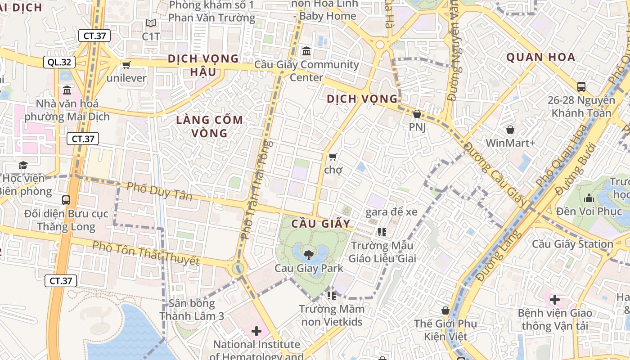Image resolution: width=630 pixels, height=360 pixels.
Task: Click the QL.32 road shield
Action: (x=59, y=63)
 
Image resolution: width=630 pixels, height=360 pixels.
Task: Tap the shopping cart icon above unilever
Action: (x=126, y=65)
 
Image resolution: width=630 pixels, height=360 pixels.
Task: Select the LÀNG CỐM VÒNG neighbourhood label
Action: (x=209, y=126)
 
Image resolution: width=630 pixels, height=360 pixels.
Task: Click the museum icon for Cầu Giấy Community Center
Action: (x=306, y=51)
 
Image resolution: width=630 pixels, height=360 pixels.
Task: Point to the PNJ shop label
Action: (x=417, y=127)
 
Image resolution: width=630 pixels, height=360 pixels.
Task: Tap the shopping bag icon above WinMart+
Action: (x=510, y=130)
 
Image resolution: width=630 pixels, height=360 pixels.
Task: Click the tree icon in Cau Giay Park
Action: (x=309, y=255)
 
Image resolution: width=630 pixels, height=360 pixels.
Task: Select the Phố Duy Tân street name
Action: (x=159, y=191)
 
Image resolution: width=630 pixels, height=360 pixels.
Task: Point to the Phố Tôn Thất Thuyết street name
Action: (x=146, y=253)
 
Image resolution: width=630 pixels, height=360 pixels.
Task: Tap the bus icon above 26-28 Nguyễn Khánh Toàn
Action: (x=581, y=86)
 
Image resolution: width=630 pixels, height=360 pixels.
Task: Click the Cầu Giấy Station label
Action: (x=572, y=244)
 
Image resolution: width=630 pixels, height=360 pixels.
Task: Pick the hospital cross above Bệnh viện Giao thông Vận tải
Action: (x=555, y=299)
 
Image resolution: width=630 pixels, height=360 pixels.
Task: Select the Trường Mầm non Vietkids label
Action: (x=332, y=315)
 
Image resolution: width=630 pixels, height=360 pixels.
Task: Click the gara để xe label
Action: (x=391, y=212)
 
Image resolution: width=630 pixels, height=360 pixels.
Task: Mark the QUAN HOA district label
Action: (x=540, y=57)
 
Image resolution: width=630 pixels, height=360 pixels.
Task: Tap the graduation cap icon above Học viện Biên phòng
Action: (x=23, y=165)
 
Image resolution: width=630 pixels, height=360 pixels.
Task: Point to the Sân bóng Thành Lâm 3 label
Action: (x=192, y=310)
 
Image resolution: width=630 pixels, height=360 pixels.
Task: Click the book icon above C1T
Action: (x=151, y=23)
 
